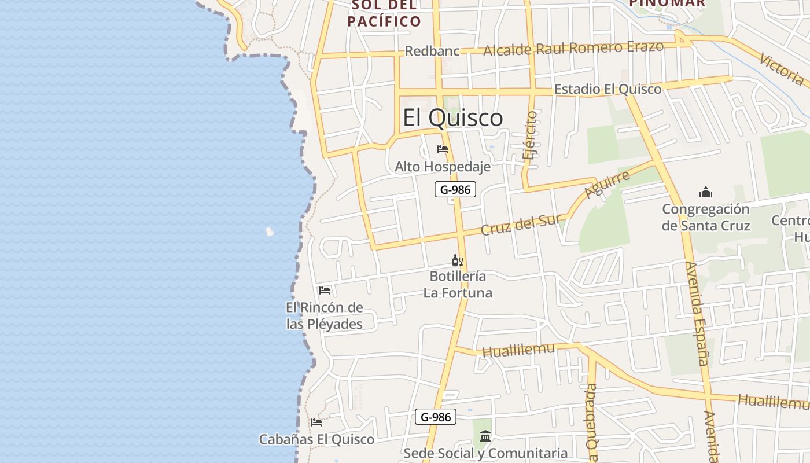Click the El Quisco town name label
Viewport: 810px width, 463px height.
tap(452, 118)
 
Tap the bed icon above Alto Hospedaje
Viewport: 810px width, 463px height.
tap(443, 149)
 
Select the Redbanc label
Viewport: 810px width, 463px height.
tap(432, 51)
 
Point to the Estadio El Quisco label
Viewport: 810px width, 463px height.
tap(607, 89)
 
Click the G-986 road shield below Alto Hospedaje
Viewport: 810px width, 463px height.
tap(455, 189)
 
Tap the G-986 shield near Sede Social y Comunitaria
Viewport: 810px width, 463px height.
tap(435, 417)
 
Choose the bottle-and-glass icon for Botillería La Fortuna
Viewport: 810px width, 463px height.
tap(458, 260)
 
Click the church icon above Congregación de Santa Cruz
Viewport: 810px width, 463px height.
tap(706, 192)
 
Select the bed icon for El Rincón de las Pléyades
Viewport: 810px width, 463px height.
tap(325, 291)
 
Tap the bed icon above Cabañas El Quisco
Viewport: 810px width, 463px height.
tap(316, 422)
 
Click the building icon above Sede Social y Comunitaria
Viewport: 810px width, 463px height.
tap(485, 435)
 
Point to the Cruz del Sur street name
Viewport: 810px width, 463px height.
tap(521, 225)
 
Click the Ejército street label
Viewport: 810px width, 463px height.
tap(529, 135)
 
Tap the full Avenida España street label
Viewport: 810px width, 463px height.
tap(697, 313)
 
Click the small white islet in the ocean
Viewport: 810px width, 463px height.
tap(270, 232)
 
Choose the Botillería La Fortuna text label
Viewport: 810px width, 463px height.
tap(458, 284)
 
